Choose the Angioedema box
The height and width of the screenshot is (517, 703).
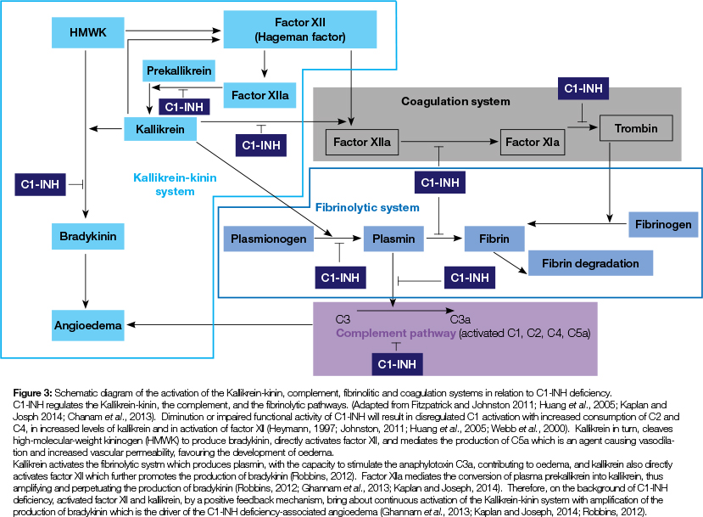[86, 324]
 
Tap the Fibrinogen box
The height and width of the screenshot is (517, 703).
[664, 226]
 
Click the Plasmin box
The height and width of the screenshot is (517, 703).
[393, 239]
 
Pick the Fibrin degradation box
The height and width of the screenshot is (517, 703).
[590, 262]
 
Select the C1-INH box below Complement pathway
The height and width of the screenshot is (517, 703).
[399, 363]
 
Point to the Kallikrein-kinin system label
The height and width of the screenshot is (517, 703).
[176, 185]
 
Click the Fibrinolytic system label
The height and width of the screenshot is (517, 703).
[367, 207]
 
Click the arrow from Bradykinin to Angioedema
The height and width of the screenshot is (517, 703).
[86, 280]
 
